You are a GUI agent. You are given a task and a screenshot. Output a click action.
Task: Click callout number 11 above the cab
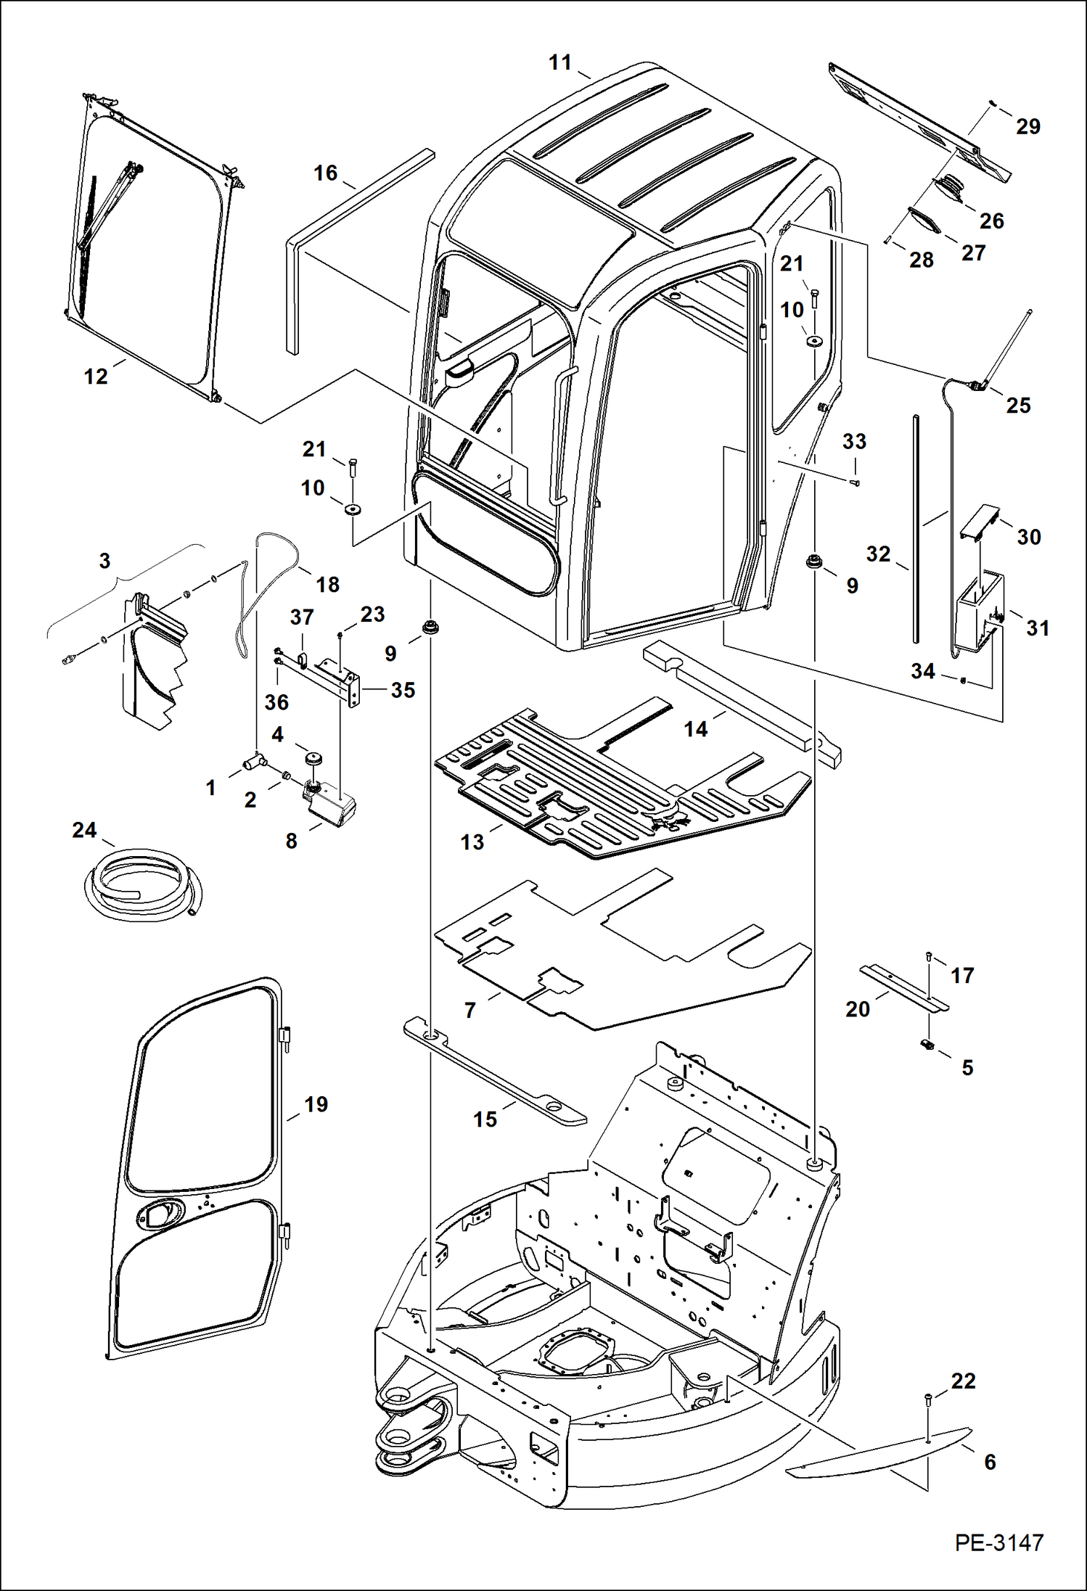560,63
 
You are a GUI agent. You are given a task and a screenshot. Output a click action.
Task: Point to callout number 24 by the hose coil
84,830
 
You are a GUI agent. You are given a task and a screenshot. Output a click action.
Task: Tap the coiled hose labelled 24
141,883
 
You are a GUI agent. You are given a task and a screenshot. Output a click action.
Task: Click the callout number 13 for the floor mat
472,842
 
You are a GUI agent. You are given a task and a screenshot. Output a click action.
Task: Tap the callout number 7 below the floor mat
470,1010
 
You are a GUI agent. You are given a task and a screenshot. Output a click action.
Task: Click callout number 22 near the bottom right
963,1381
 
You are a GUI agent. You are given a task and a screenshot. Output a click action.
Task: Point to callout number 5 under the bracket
967,1067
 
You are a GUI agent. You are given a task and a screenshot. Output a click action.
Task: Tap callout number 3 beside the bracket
104,560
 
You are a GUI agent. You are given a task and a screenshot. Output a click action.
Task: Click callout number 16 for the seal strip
325,173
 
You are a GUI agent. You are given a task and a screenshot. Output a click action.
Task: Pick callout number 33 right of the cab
854,441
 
